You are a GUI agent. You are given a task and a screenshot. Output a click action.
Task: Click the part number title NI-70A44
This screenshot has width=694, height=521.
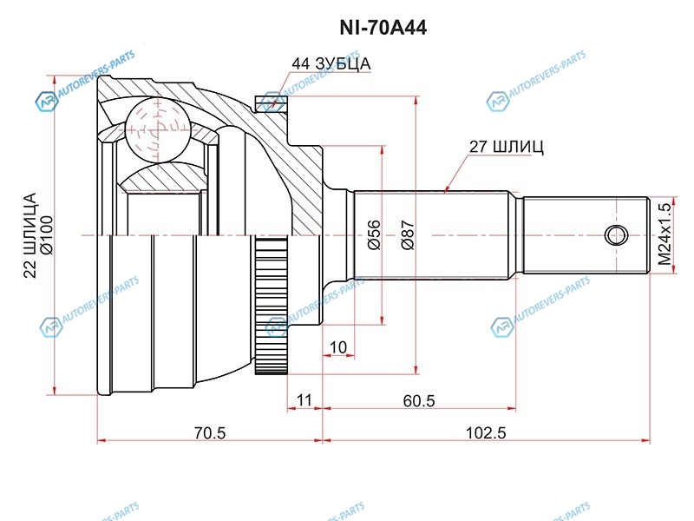click(x=383, y=28)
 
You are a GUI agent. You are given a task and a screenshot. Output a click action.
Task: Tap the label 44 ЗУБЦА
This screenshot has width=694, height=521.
click(x=331, y=63)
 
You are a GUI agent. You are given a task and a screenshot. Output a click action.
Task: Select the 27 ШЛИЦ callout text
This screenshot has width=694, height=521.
click(x=506, y=147)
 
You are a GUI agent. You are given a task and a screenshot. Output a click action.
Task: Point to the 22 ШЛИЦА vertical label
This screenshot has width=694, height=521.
click(x=29, y=234)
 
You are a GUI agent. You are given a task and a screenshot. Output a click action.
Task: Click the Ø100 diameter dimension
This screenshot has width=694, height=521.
click(x=47, y=234)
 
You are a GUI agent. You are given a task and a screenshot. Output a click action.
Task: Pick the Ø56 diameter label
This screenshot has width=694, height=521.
click(x=375, y=234)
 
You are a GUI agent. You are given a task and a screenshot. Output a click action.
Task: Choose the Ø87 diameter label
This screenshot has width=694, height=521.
click(x=408, y=234)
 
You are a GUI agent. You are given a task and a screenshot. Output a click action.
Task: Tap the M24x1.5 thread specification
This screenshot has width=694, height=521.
click(x=665, y=234)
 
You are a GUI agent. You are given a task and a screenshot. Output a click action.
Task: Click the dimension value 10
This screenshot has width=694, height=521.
click(x=338, y=347)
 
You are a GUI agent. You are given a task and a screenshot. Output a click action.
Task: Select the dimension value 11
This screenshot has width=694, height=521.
click(x=304, y=400)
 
